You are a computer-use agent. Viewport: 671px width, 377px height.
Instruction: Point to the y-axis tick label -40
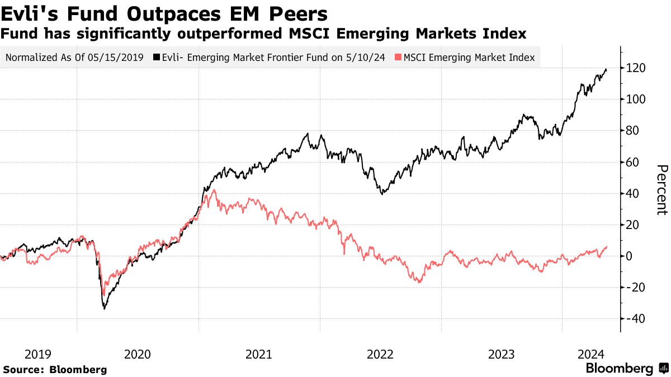click(x=637, y=319)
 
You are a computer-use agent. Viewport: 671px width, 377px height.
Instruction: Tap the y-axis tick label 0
click(x=632, y=256)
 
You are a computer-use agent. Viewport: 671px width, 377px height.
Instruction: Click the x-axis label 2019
click(x=38, y=354)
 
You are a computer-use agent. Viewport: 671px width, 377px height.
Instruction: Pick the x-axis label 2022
click(x=380, y=354)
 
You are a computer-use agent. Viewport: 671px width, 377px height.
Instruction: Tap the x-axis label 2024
click(x=590, y=354)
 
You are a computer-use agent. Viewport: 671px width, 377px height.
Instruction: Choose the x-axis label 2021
click(x=259, y=354)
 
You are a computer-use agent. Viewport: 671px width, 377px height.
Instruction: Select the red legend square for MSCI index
click(x=397, y=58)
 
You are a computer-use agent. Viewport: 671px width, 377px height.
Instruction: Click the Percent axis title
click(x=661, y=189)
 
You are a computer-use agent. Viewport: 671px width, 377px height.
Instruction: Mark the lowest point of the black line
click(x=104, y=308)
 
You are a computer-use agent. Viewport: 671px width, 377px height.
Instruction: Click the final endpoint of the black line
click(x=607, y=69)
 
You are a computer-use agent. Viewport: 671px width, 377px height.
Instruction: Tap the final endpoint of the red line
click(x=607, y=247)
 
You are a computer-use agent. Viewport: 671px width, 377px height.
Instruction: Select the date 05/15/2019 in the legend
click(x=120, y=58)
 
